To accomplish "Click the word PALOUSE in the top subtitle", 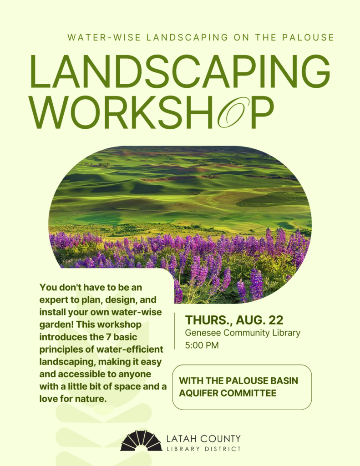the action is click(308, 37).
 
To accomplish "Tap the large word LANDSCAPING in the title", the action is click(180, 71).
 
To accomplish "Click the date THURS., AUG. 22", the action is click(234, 320).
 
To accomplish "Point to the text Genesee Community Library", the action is click(243, 333).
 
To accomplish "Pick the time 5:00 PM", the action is click(202, 345).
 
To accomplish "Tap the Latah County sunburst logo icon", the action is click(141, 441).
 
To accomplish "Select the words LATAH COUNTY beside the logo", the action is click(203, 439).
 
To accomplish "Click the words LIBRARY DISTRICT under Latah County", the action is click(203, 449).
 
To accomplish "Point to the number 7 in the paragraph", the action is click(108, 337).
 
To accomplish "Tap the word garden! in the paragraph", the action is click(56, 325).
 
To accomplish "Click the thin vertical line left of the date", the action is click(174, 331).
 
